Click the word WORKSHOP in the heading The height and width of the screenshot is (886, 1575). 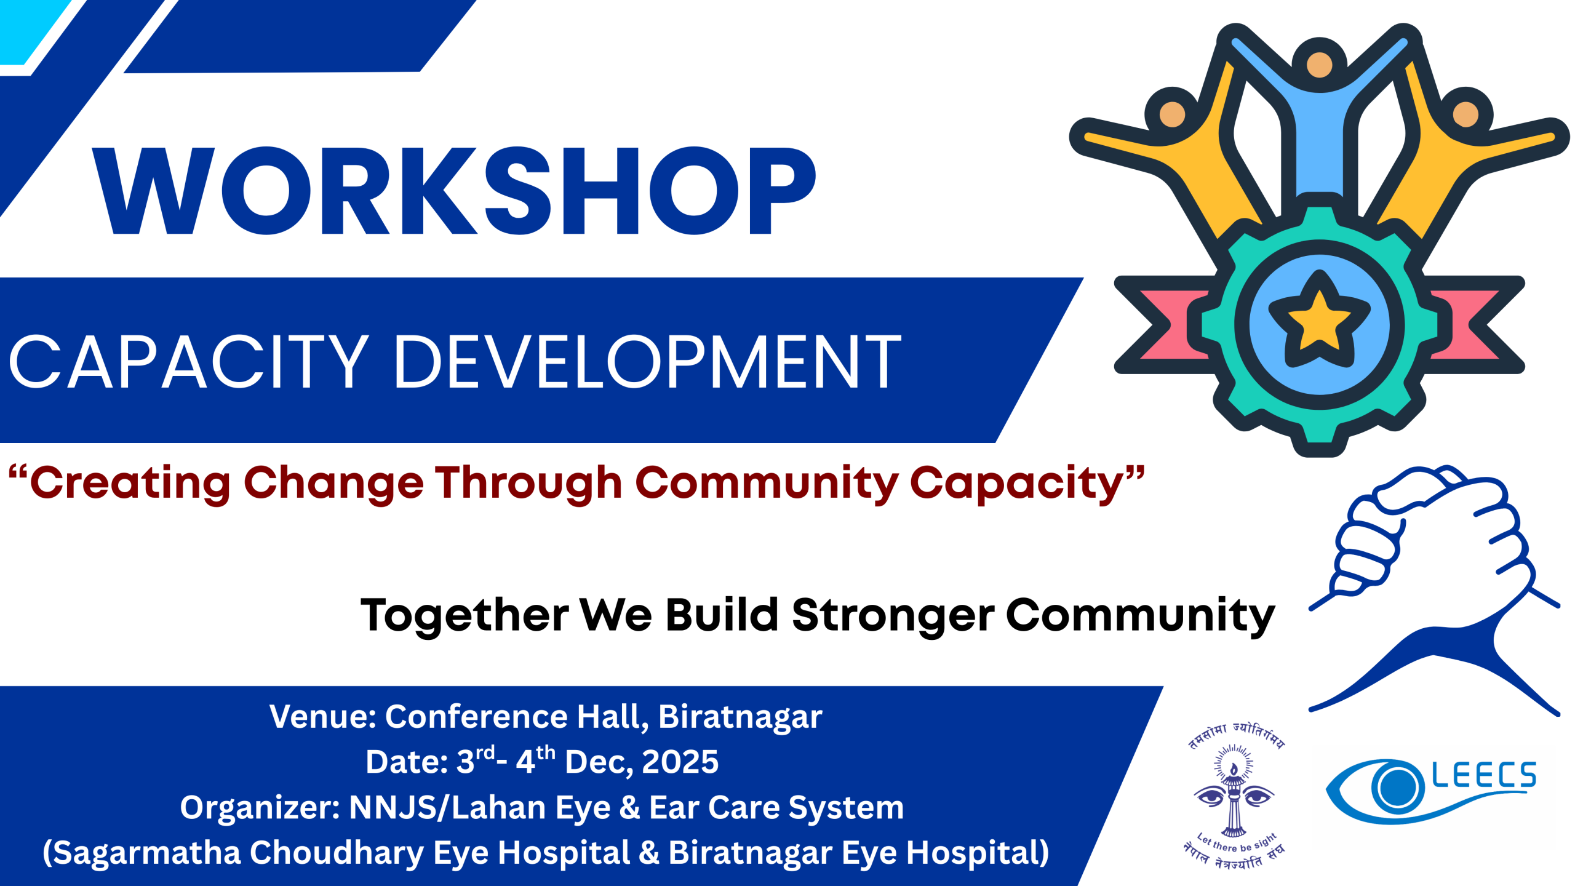454,191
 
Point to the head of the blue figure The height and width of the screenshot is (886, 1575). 1319,65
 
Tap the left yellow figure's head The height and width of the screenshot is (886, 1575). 1172,114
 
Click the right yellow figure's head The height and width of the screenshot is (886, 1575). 1465,114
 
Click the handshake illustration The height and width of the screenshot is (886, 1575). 1433,591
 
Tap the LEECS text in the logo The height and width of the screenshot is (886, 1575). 1484,775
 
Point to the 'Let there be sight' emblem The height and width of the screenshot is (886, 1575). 1234,797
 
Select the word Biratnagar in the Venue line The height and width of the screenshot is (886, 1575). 740,717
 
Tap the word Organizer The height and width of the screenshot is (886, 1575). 260,807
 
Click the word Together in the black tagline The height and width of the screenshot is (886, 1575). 465,615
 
